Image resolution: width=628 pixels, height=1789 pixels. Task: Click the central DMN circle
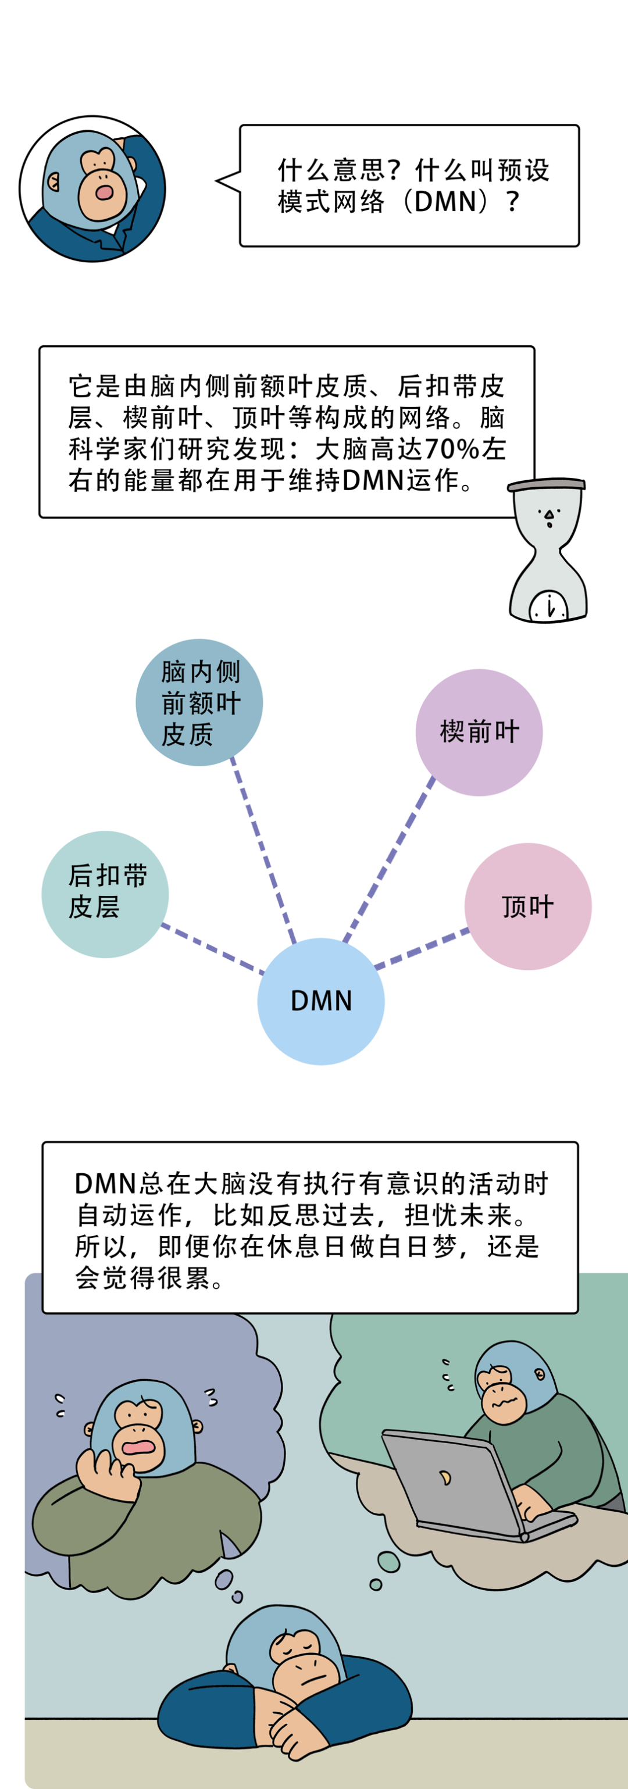[320, 1001]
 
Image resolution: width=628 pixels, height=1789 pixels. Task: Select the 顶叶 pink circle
[527, 906]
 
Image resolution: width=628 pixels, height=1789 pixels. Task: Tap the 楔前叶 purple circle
[479, 732]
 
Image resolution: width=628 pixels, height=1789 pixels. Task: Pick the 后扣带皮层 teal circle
[105, 894]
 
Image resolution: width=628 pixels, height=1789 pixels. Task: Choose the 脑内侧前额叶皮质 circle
[199, 702]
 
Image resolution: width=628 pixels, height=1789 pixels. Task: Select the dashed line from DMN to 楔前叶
[389, 858]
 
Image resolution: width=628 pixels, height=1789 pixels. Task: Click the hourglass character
[547, 549]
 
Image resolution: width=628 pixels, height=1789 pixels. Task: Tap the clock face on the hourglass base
[549, 606]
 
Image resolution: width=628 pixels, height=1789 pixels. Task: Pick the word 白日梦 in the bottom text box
[430, 1246]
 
